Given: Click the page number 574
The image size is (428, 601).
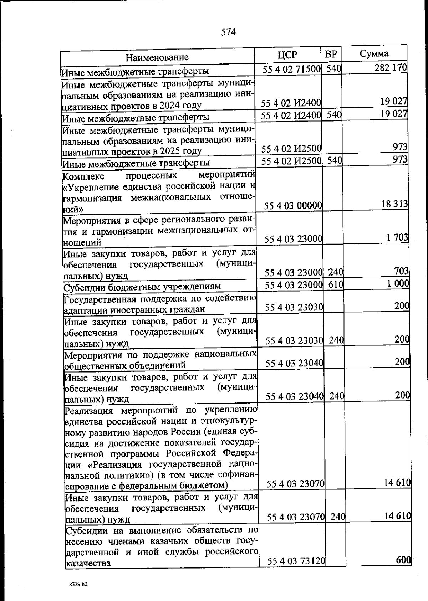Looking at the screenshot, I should (228, 32).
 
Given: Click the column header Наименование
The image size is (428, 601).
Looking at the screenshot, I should (157, 57).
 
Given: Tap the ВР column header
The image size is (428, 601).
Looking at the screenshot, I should (331, 54).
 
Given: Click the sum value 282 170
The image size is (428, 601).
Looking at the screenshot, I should (391, 68).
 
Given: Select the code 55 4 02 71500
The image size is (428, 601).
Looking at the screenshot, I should (292, 69).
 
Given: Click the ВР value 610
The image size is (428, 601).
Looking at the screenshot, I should (336, 284).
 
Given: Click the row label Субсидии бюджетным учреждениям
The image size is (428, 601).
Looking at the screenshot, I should (142, 287).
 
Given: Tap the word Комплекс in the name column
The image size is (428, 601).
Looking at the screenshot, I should (83, 176).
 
